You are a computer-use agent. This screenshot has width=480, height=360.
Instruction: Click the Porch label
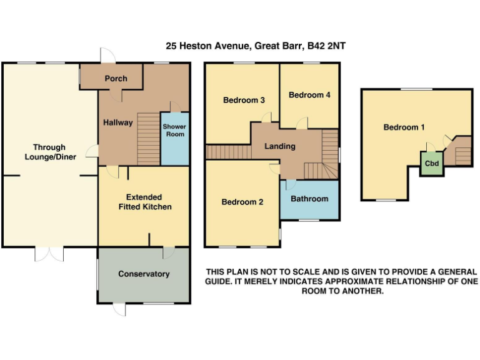tap(116, 79)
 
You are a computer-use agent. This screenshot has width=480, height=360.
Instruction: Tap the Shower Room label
tap(174, 131)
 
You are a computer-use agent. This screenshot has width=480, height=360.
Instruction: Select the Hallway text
tap(117, 122)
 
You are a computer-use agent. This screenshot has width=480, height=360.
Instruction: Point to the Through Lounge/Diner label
tap(51, 152)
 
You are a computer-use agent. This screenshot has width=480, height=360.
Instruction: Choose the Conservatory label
tap(144, 274)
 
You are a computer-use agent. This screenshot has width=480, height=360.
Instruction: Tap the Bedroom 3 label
tap(244, 100)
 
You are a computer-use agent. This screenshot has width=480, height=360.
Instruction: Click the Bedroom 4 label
tap(309, 95)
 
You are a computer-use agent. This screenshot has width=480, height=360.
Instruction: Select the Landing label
tap(279, 146)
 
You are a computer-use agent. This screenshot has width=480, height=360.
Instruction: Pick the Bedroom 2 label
tap(242, 202)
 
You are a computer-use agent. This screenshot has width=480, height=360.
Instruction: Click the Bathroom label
tap(309, 199)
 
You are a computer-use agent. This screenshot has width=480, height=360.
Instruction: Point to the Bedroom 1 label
tap(404, 127)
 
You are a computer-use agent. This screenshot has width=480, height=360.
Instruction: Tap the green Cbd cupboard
tap(431, 164)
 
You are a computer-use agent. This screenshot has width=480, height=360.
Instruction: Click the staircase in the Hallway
tap(148, 137)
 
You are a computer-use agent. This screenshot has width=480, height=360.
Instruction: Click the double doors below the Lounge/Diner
tap(49, 254)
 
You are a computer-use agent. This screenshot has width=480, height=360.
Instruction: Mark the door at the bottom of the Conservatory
tap(119, 309)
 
